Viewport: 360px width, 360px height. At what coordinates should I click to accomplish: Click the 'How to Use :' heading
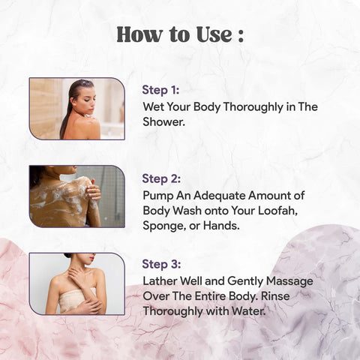(180, 34)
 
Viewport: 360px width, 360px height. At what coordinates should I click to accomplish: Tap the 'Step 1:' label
(160, 90)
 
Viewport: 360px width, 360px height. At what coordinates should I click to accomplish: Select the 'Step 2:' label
(161, 178)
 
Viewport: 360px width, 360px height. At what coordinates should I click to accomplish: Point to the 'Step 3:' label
(161, 264)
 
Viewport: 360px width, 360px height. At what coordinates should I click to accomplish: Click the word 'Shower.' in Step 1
(163, 122)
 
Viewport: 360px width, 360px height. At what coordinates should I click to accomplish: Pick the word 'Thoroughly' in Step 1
(253, 107)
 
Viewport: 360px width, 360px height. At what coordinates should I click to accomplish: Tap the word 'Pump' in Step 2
(158, 196)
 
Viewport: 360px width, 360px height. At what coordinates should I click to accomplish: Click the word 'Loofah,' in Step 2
(277, 211)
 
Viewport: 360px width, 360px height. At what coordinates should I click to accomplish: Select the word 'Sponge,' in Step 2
(164, 226)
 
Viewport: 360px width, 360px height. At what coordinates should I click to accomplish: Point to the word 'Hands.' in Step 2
(221, 226)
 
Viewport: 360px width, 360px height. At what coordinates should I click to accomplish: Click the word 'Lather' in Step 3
(160, 281)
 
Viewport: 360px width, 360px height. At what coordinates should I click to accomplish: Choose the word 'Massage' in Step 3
(289, 282)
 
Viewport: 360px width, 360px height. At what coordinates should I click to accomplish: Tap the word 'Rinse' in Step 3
(275, 296)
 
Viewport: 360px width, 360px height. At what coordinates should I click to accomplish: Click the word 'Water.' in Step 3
(248, 311)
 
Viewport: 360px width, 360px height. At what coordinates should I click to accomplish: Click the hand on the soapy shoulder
(94, 191)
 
